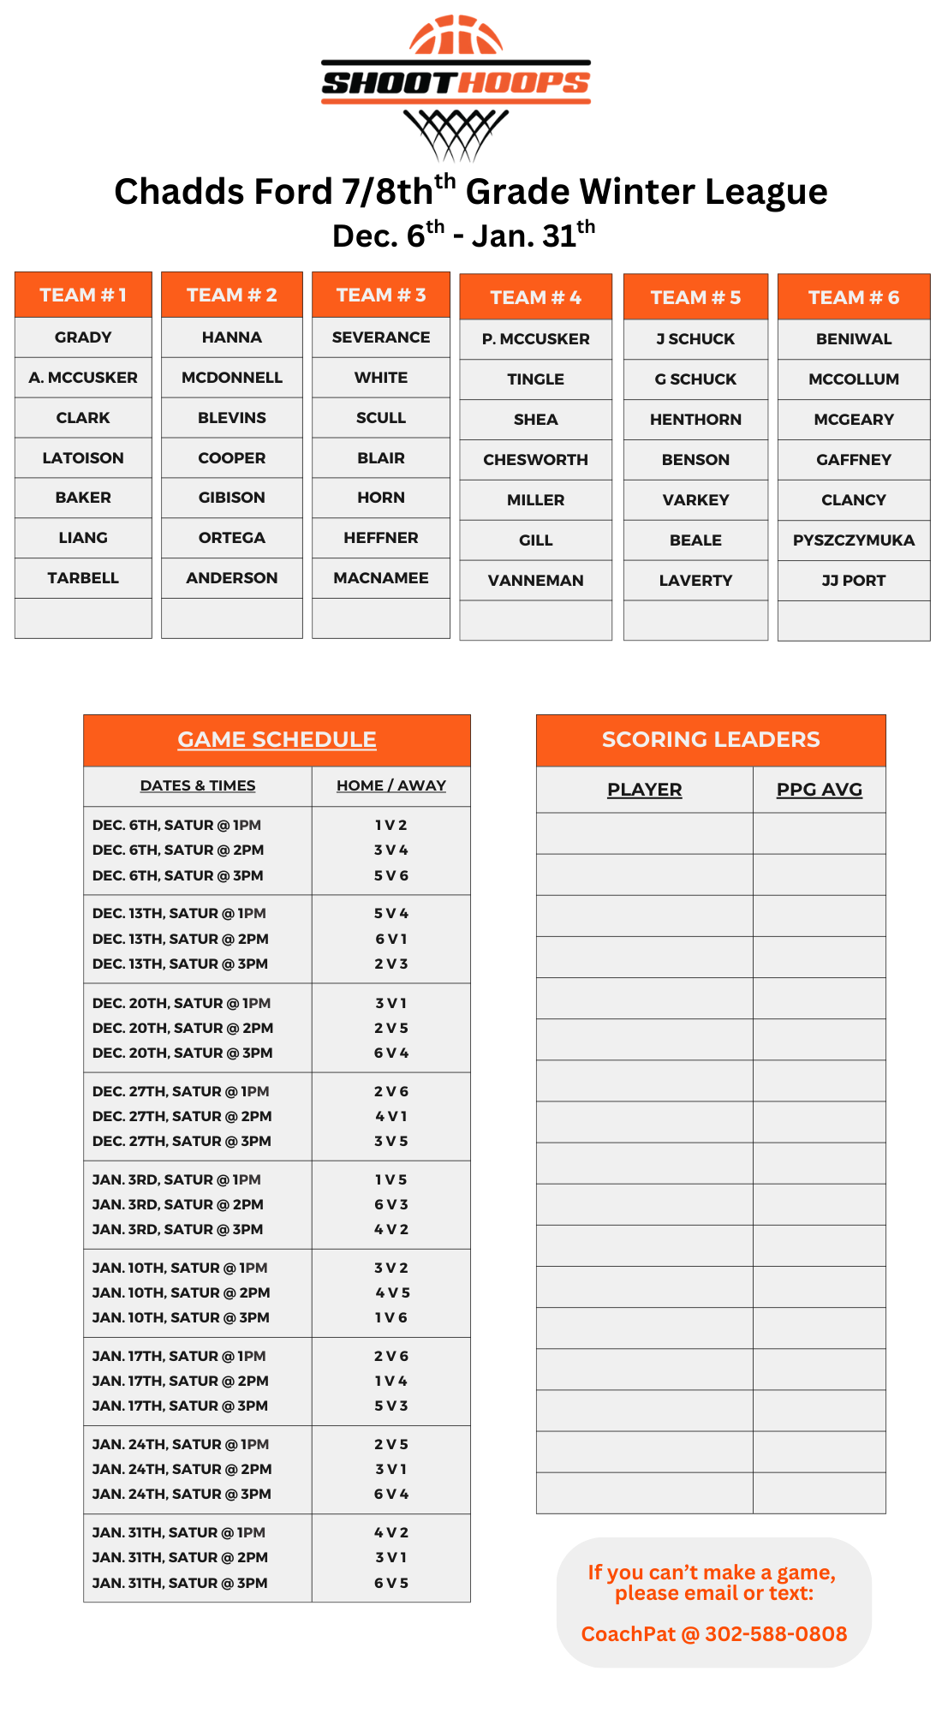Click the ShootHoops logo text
456,83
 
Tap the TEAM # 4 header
535,297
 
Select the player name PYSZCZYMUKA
853,540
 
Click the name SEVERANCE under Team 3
381,337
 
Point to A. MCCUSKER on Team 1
83,378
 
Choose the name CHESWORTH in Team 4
535,460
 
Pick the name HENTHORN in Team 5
695,420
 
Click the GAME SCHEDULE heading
277,739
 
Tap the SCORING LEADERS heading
711,739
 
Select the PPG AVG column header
819,790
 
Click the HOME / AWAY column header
391,785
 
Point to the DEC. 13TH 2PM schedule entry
181,939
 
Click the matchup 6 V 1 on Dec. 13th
391,939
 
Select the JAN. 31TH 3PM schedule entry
180,1583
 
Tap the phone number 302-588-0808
776,1634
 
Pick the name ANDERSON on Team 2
232,578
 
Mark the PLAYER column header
644,790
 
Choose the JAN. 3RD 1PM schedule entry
176,1179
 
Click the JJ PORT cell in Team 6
853,581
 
